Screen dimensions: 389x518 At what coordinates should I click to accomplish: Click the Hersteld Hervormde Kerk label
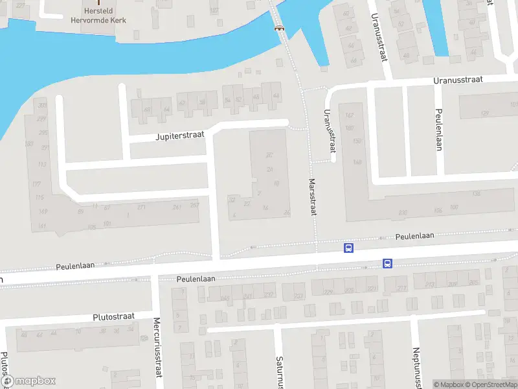[x=98, y=16]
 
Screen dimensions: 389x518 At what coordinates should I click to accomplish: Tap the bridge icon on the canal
[x=280, y=27]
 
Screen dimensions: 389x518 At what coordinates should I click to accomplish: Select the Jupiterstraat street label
[x=180, y=136]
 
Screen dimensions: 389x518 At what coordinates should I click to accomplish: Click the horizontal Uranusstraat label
[x=459, y=80]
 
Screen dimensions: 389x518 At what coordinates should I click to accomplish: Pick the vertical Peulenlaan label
[x=438, y=129]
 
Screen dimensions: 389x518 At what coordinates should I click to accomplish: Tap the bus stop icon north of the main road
[x=348, y=248]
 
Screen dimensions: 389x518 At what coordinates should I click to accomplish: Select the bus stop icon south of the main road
[x=387, y=263]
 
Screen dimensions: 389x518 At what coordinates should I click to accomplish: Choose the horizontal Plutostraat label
[x=113, y=316]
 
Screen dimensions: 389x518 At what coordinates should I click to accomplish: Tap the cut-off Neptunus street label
[x=416, y=366]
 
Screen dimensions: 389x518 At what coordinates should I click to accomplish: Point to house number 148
[x=357, y=162]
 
